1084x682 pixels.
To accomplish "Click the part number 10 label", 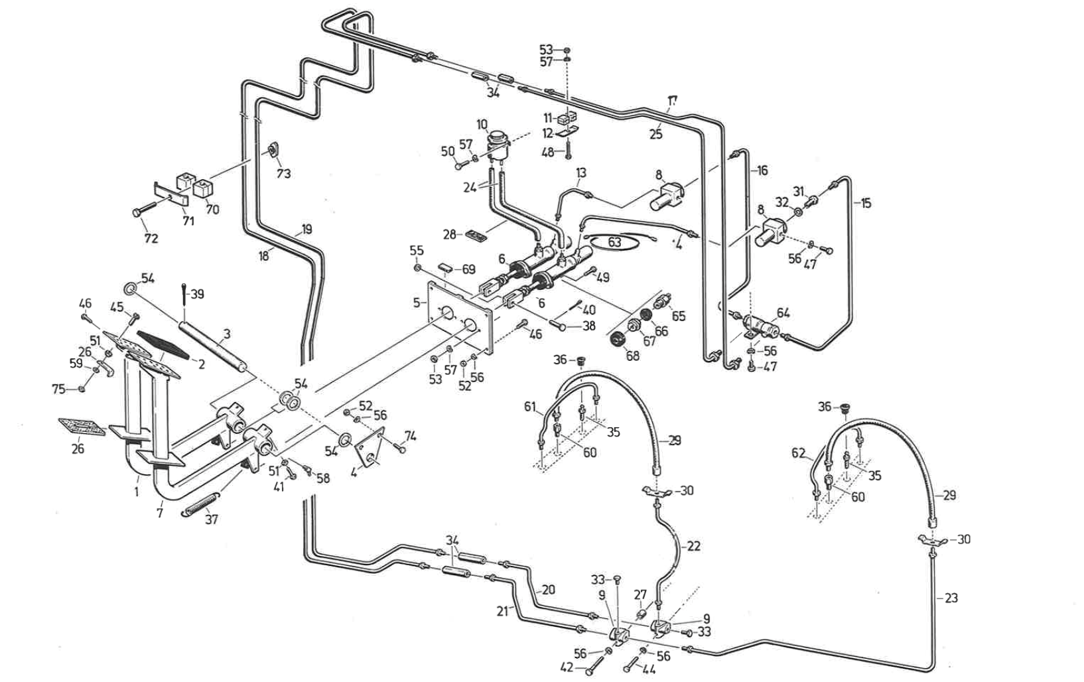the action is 482,125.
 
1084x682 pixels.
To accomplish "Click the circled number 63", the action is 614,241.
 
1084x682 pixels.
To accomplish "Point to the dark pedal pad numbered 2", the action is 162,344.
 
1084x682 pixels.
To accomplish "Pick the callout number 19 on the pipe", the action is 306,229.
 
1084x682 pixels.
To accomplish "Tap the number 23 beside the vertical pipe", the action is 951,598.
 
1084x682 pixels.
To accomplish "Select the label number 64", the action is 783,312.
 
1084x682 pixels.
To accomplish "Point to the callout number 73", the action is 283,173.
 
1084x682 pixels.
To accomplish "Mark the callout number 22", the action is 693,545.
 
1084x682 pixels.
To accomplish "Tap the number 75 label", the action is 58,389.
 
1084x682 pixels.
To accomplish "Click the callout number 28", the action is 450,234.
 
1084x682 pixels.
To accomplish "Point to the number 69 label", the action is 468,269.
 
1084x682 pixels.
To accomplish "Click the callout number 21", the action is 503,611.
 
